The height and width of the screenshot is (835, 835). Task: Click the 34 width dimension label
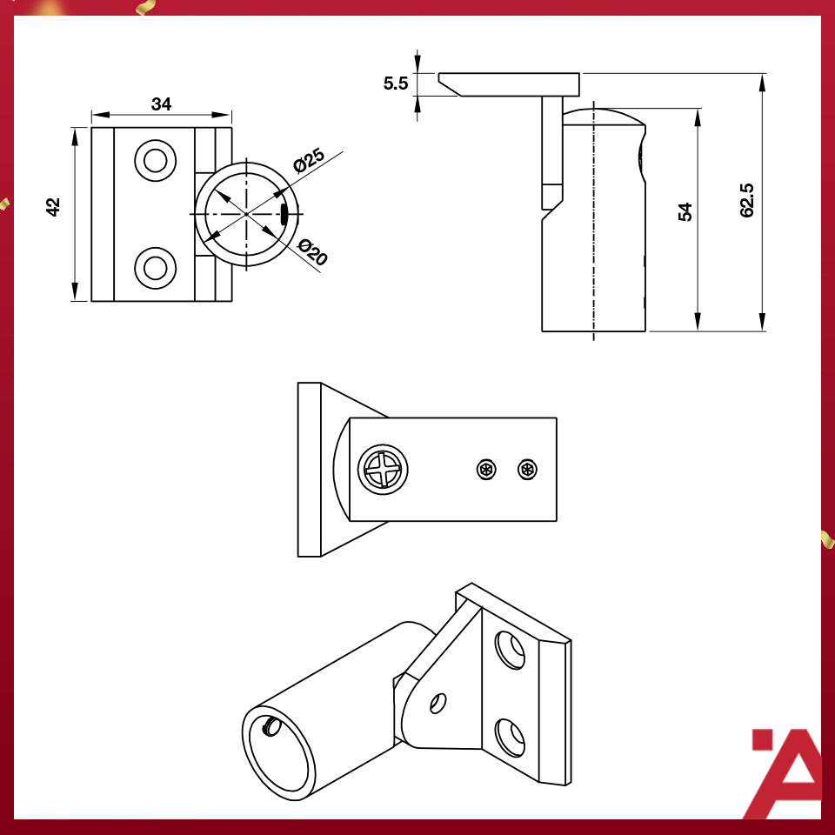tap(161, 104)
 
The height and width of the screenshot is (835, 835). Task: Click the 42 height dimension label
tap(54, 207)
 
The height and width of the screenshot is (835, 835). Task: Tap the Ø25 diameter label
tap(309, 160)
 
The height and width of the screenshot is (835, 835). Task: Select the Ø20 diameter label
tap(312, 253)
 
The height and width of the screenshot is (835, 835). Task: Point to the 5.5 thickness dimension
tap(396, 83)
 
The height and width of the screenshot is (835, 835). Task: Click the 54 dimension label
tap(685, 212)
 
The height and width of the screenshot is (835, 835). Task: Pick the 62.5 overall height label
tap(747, 199)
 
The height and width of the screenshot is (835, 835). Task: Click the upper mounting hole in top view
tap(155, 160)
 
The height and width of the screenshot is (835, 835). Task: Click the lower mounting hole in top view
tap(155, 267)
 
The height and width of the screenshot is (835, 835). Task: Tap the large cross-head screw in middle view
tap(383, 471)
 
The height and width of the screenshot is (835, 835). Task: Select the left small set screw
tap(486, 471)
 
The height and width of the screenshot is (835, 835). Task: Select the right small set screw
tap(527, 471)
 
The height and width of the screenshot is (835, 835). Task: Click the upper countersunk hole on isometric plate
tap(511, 650)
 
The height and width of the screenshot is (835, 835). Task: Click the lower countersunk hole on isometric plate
tap(511, 737)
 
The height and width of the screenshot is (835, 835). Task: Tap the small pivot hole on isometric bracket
tap(439, 702)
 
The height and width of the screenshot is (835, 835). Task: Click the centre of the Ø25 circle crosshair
tap(247, 213)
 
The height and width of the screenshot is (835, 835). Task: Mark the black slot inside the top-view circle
tap(284, 214)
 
